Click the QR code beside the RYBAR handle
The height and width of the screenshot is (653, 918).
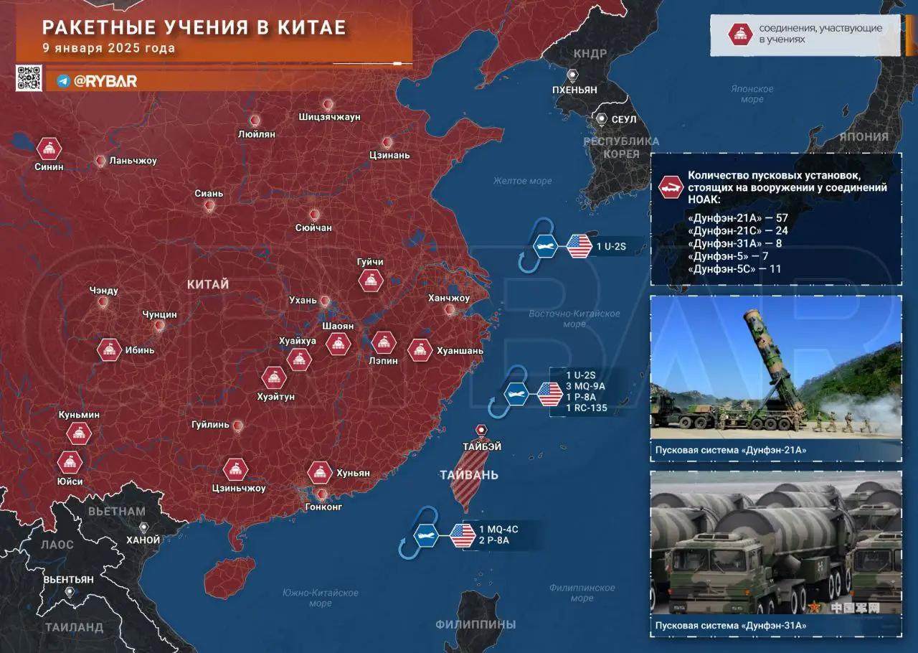tap(29, 78)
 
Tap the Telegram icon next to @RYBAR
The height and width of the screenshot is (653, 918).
tap(63, 81)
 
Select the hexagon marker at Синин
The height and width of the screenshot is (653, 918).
tap(49, 149)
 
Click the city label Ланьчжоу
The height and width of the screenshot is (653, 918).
tap(133, 161)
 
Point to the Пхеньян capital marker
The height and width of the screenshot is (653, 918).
tap(573, 75)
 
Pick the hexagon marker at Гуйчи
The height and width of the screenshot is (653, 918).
tap(370, 281)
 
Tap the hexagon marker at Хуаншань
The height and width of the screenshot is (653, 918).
tap(420, 350)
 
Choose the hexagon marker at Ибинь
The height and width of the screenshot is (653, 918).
tap(109, 349)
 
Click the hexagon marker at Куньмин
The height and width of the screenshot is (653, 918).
tap(79, 433)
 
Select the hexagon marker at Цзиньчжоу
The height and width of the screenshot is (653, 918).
tap(235, 470)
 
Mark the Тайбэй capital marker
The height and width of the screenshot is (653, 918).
tap(481, 429)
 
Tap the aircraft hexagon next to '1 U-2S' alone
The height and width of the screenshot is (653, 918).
tap(546, 246)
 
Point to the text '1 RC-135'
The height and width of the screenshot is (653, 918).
tap(586, 408)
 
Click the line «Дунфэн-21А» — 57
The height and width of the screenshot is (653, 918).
tap(737, 217)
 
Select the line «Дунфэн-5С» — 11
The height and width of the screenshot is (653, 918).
tap(734, 269)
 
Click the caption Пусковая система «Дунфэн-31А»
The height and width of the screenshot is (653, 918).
tap(730, 626)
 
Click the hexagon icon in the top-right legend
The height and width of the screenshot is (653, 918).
tap(739, 34)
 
